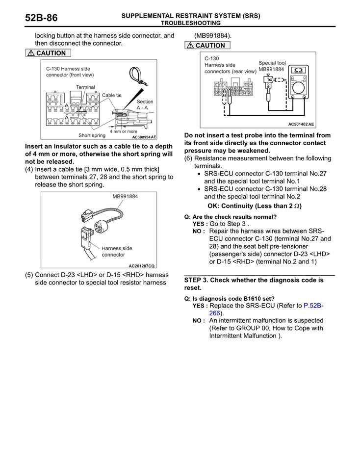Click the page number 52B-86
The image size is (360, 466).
41,18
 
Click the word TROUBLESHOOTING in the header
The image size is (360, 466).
191,23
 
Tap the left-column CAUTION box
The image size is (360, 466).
48,53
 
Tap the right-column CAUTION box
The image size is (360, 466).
207,46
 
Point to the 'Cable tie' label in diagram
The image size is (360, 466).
111,95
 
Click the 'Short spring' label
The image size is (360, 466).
92,135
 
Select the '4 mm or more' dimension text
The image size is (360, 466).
123,131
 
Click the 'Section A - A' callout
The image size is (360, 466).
145,104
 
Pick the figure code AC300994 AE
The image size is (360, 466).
144,137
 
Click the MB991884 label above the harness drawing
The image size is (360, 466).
125,196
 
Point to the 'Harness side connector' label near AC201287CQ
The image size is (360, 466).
117,251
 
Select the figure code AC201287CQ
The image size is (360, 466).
141,265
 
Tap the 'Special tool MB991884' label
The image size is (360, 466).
272,66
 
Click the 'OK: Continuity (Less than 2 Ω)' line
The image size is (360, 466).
255,206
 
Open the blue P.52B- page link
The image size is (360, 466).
313,306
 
